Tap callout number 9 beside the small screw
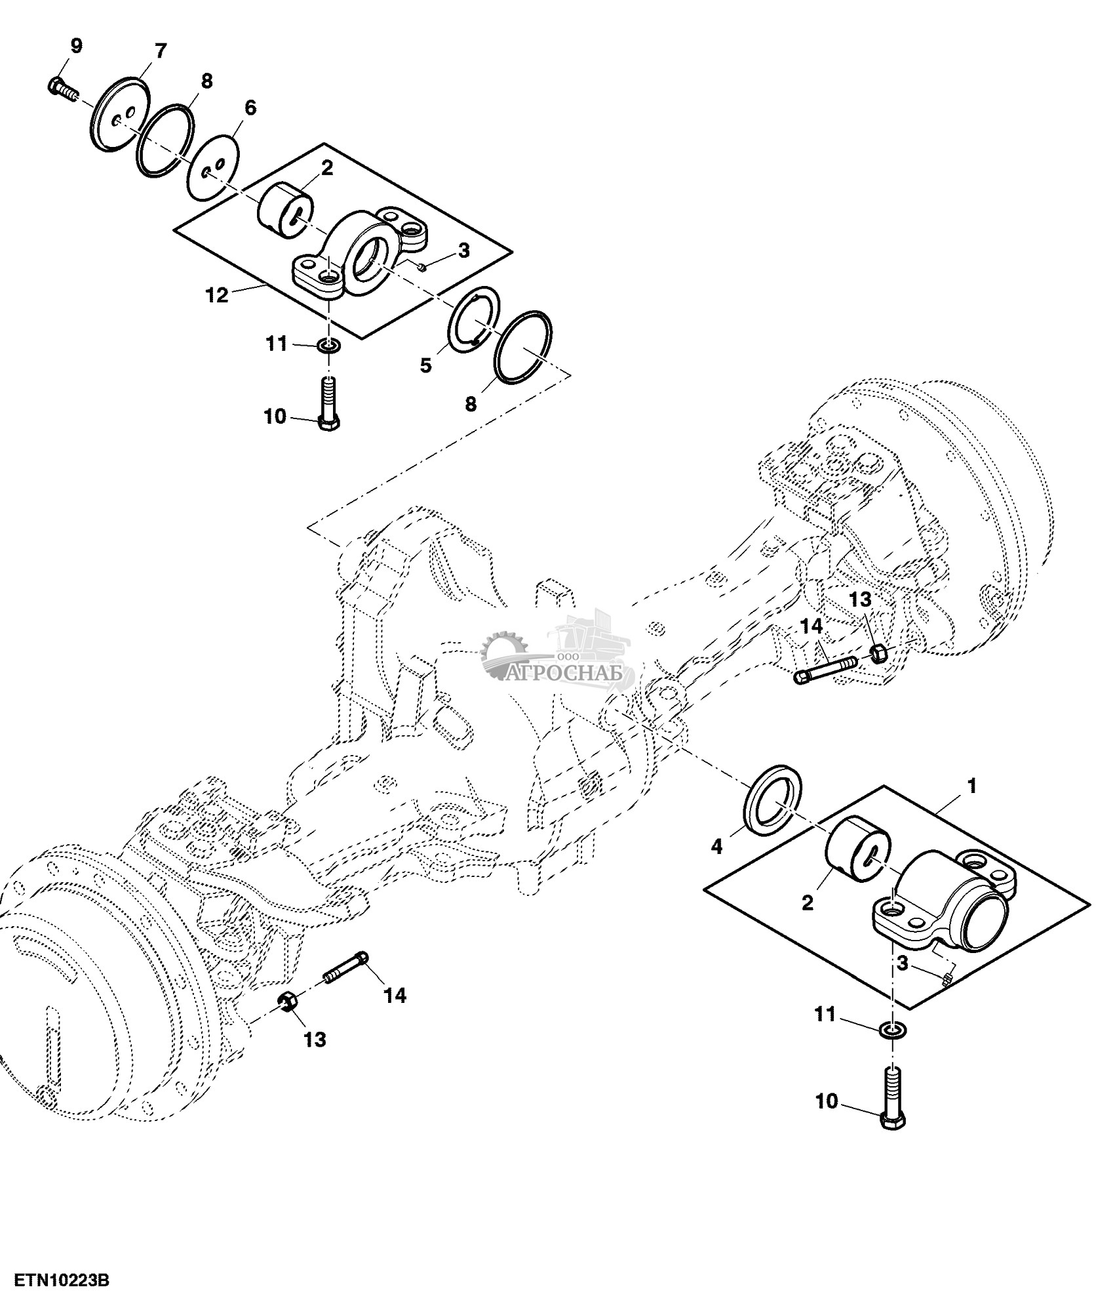click(76, 46)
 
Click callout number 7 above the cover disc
click(160, 51)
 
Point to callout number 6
click(250, 108)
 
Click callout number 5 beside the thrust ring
click(426, 365)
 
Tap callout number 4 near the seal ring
click(716, 847)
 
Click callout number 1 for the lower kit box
click(972, 785)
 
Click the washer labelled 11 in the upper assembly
click(328, 344)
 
